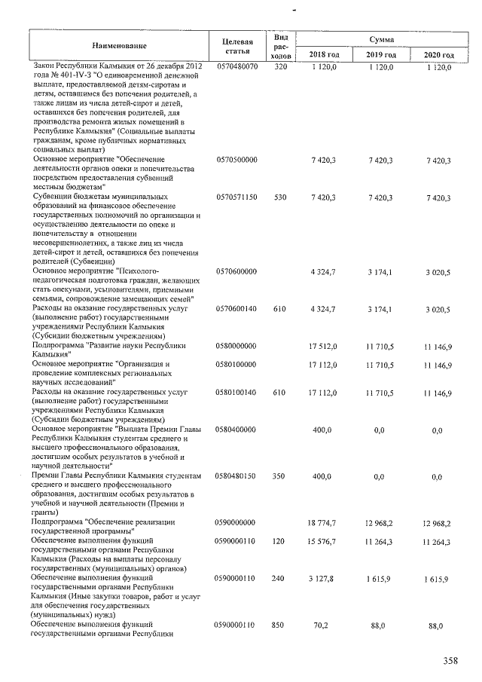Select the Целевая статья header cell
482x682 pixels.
click(237, 46)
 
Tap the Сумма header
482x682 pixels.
click(380, 38)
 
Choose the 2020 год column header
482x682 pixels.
click(438, 55)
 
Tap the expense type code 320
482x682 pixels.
click(282, 68)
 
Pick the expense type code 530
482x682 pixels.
click(282, 198)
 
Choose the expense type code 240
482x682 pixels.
click(282, 579)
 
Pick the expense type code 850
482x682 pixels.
click(282, 625)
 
